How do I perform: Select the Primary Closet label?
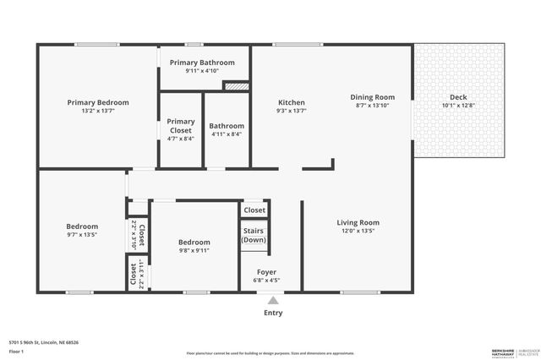(181, 126)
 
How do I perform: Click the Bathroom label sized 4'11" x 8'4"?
(227, 126)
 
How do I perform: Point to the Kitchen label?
(292, 102)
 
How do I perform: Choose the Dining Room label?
(373, 97)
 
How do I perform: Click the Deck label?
(458, 97)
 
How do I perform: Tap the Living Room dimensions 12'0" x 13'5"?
(358, 231)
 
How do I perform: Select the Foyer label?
(267, 272)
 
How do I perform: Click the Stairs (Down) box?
(254, 235)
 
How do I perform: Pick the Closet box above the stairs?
(254, 210)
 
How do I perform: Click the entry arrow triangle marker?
(273, 299)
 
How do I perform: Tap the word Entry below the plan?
(273, 313)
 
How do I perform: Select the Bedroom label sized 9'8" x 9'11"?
(194, 243)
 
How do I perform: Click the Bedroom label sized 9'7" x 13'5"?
(83, 226)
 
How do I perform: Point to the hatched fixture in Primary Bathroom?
(236, 85)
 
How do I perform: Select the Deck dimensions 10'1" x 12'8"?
(458, 106)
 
